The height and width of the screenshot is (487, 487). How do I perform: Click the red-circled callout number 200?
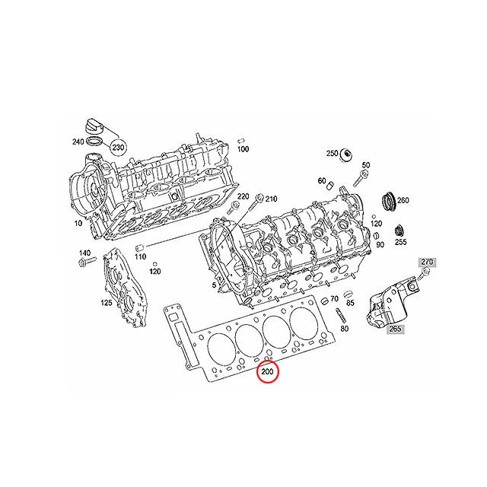[x=267, y=371]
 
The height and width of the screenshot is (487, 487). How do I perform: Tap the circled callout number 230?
[x=118, y=147]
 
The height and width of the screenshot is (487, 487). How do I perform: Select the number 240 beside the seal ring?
[x=78, y=142]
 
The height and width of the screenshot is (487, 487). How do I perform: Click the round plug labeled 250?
[x=345, y=154]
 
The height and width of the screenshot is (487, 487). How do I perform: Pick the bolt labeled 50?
[x=360, y=180]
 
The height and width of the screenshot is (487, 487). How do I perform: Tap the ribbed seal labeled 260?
[x=388, y=202]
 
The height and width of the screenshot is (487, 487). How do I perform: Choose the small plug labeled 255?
[x=399, y=231]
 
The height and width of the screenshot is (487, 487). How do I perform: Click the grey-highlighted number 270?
[x=427, y=262]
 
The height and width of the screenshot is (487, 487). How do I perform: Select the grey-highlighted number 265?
[x=395, y=328]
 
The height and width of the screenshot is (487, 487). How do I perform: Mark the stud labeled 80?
[x=339, y=316]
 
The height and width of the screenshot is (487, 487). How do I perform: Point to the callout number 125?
[x=107, y=302]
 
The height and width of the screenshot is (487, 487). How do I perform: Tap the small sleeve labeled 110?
[x=139, y=248]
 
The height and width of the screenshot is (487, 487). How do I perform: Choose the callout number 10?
[x=78, y=223]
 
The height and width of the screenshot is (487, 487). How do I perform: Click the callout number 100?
[x=243, y=149]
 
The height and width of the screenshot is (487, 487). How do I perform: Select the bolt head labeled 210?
[x=259, y=198]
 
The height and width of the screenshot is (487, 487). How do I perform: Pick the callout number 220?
[x=243, y=196]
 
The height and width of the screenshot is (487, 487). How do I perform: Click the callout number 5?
[x=214, y=285]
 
